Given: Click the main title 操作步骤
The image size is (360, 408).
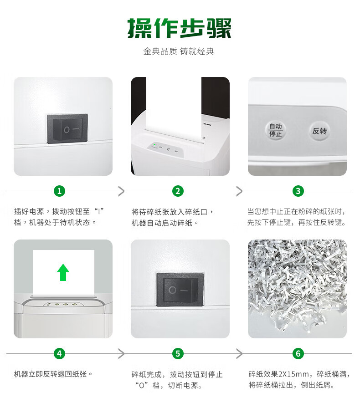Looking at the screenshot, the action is [180, 28].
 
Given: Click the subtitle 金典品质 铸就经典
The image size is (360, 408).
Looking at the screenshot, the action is [179, 51].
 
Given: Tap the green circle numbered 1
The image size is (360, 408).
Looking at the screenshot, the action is [59, 191].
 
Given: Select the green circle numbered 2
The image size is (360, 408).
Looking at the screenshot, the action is [178, 191].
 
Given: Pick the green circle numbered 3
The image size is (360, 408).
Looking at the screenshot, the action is [298, 191].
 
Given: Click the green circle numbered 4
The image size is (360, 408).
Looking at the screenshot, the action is [59, 354].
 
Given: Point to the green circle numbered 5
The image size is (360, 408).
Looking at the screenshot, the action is [178, 354].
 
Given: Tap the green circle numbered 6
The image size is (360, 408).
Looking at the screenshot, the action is [298, 354].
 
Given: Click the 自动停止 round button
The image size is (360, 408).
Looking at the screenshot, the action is [275, 130].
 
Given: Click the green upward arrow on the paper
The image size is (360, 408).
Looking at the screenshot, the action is [63, 272].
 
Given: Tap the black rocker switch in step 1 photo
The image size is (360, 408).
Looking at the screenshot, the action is [67, 128].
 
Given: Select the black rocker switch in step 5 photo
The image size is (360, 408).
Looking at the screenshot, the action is [180, 289].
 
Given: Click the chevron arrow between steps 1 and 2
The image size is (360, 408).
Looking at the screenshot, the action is [121, 191].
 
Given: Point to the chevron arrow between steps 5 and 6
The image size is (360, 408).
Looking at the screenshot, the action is [239, 354].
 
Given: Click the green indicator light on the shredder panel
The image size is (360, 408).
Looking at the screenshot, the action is [155, 144].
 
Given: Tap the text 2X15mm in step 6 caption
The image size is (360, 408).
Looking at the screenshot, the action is [293, 374].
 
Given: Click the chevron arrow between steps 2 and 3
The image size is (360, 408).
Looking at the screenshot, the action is [239, 191].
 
